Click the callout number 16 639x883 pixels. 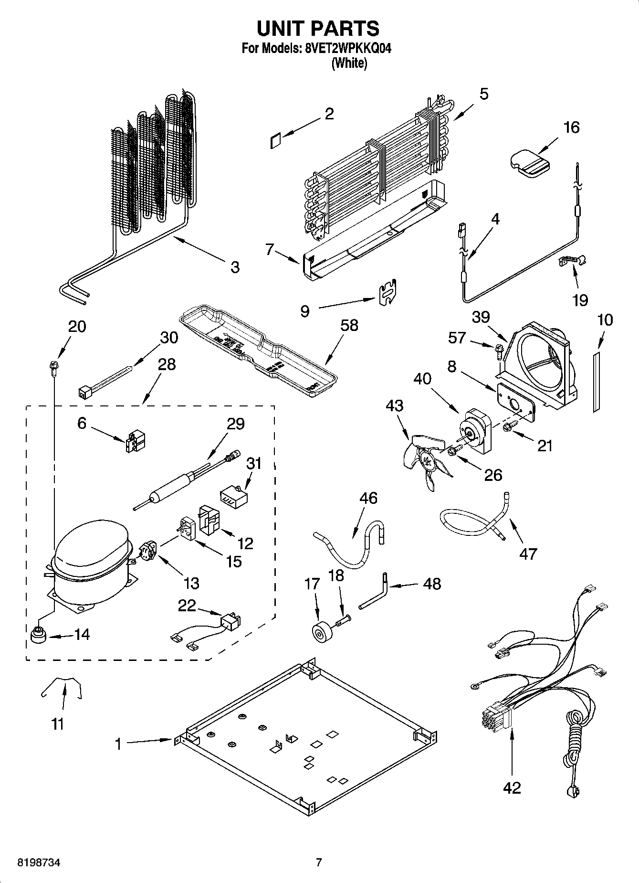571,128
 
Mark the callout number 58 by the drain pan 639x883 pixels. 349,326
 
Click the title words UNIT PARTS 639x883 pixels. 318,29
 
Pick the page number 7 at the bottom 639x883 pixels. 319,862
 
